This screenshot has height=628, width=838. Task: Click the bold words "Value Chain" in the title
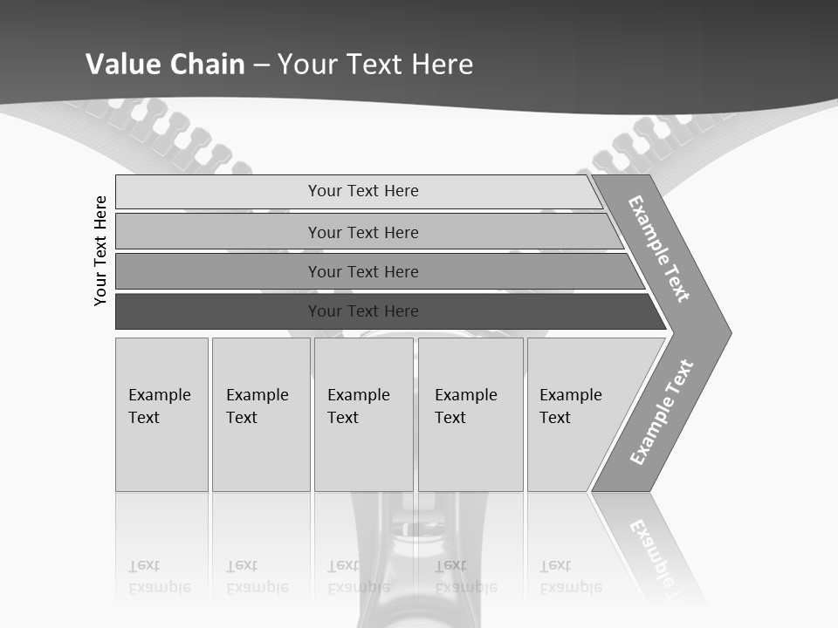point(165,64)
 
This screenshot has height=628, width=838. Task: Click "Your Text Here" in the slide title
point(375,64)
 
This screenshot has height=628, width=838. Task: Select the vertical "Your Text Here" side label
point(100,250)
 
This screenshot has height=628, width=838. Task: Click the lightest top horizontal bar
point(362,191)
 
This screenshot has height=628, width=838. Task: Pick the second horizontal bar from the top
point(362,232)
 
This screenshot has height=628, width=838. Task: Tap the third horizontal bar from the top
point(362,271)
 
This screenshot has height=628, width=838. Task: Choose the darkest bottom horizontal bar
point(362,311)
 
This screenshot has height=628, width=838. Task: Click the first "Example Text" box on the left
point(161,414)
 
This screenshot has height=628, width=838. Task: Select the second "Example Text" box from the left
point(260,414)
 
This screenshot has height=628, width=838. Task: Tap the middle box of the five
point(363,414)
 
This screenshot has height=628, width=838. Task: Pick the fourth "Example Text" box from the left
point(471,414)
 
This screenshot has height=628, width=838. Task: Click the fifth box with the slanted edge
point(576,414)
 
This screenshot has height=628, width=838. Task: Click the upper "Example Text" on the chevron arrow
point(659,249)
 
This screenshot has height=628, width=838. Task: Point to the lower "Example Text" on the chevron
point(661,413)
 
